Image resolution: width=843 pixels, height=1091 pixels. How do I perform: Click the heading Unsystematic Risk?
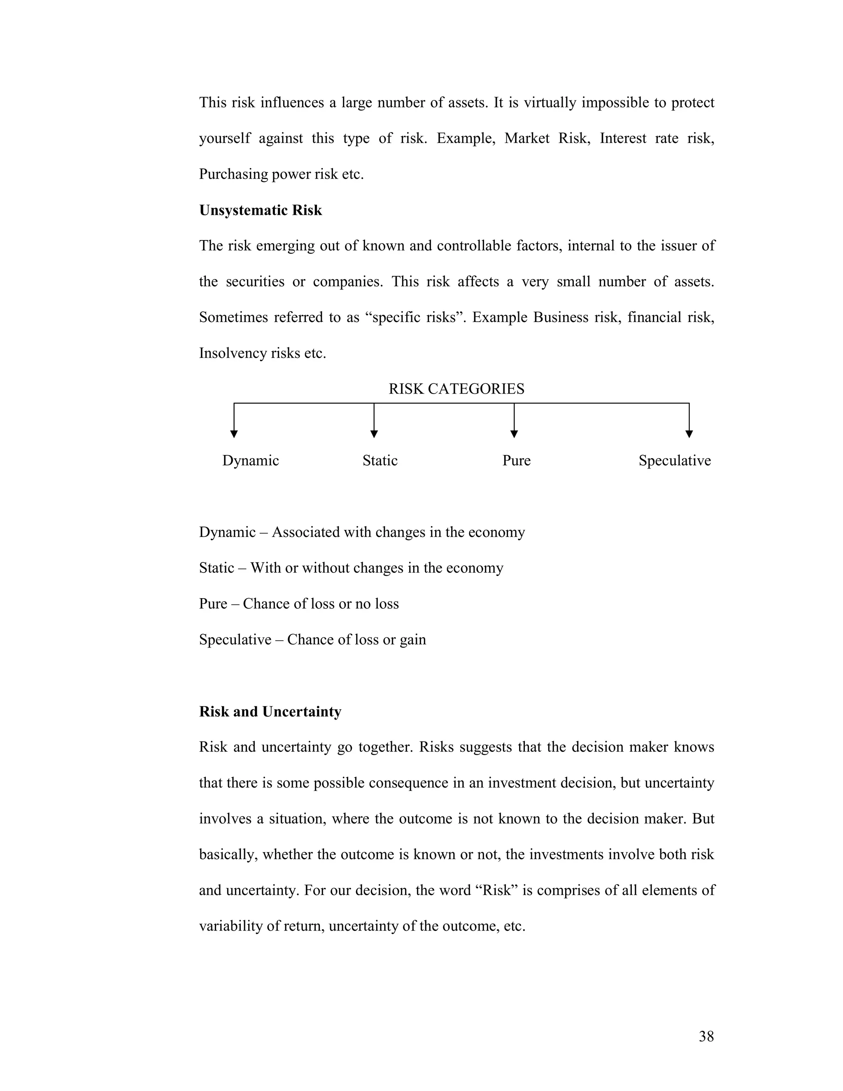pyautogui.click(x=260, y=210)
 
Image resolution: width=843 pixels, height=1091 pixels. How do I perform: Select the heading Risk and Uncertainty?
pyautogui.click(x=270, y=711)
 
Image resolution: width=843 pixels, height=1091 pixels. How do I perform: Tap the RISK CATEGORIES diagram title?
pyautogui.click(x=456, y=389)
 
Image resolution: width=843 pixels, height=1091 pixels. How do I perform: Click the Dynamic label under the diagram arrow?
pyautogui.click(x=250, y=461)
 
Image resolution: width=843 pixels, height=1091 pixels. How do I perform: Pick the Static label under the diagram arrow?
pyautogui.click(x=380, y=461)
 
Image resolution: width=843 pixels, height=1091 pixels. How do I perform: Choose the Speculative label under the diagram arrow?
pyautogui.click(x=674, y=461)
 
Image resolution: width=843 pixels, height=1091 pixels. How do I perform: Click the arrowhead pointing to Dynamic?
pyautogui.click(x=234, y=434)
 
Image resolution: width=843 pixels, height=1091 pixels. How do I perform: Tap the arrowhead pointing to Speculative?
pyautogui.click(x=689, y=434)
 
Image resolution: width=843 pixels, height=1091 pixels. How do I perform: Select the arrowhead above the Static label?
pyautogui.click(x=374, y=434)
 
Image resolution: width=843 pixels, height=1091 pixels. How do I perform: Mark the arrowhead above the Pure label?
pyautogui.click(x=514, y=434)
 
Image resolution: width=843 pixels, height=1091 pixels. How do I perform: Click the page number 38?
pyautogui.click(x=706, y=1037)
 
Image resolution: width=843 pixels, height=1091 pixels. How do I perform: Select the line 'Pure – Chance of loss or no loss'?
pyautogui.click(x=299, y=604)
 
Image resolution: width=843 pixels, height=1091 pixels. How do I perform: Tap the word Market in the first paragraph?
pyautogui.click(x=526, y=138)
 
